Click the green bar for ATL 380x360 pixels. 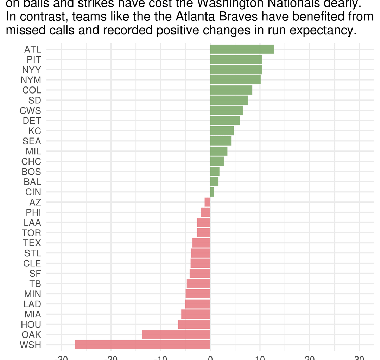coord(242,49)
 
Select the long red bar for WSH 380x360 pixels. coord(143,345)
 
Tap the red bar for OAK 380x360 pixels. coord(176,334)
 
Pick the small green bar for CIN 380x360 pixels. coord(212,192)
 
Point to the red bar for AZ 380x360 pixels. coord(208,202)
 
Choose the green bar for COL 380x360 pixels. coord(231,90)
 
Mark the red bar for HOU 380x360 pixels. coord(194,324)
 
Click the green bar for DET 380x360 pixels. coord(225,121)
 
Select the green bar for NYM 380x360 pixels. coord(235,80)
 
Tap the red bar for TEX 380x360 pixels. coord(201,243)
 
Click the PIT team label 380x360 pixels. coord(34,59)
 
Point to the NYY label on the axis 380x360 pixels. coord(31,70)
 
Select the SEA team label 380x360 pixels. coord(32,141)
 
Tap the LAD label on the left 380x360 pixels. coord(32,304)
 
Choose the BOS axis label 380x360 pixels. coord(31,172)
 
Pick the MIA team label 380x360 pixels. coord(33,314)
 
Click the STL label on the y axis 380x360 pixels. coord(32,253)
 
